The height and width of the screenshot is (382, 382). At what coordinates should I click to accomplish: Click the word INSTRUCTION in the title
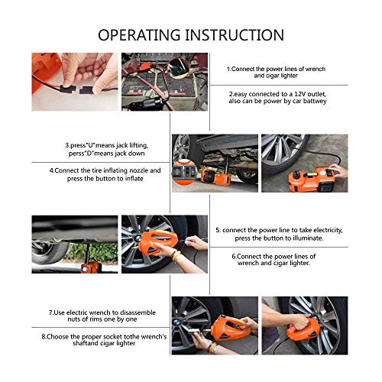tap(236, 35)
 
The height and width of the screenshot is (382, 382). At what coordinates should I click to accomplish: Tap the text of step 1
tap(278, 72)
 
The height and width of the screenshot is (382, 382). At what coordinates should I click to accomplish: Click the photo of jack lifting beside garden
tap(74, 244)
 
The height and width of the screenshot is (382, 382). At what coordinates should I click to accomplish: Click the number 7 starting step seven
tap(50, 312)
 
